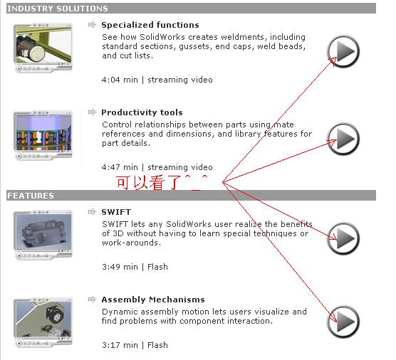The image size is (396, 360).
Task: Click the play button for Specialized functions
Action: [x=343, y=51]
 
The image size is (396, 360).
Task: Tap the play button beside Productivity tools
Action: [x=343, y=139]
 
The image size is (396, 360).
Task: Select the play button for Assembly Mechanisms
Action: [x=343, y=322]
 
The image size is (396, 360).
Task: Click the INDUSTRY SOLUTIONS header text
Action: [x=58, y=9]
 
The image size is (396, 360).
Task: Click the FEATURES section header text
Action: [x=31, y=196]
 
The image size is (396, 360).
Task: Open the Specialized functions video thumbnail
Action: [x=43, y=48]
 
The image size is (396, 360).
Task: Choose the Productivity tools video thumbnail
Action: [x=43, y=135]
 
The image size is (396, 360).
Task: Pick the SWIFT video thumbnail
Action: [x=43, y=235]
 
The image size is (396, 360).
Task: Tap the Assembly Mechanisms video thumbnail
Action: [x=43, y=322]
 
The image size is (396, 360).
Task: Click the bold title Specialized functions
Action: [x=150, y=25]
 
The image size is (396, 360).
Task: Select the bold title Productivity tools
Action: [x=142, y=112]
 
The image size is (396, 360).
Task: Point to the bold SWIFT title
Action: [x=116, y=212]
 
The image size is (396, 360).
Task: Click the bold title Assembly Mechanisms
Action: [x=153, y=300]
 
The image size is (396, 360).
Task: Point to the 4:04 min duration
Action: [x=120, y=80]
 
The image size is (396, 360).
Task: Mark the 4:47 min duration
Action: [x=120, y=167]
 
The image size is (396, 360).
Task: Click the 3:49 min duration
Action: [x=120, y=267]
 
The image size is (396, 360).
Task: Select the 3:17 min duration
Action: [x=120, y=345]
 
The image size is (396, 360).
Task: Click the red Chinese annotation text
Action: [x=162, y=182]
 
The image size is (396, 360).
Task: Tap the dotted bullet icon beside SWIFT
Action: [x=92, y=211]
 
